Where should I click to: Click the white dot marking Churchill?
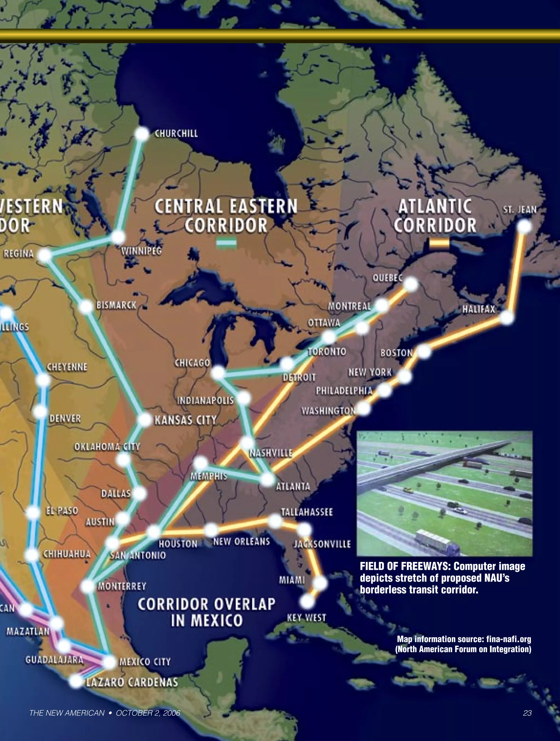(x=142, y=134)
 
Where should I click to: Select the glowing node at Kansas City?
(x=145, y=420)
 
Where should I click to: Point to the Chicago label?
(x=192, y=363)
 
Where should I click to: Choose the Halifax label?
(x=479, y=309)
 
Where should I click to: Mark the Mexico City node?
(x=110, y=662)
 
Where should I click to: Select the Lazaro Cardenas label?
(x=132, y=682)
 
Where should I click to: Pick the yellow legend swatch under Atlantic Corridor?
(x=439, y=244)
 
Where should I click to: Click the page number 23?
(x=527, y=713)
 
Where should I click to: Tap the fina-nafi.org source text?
(x=508, y=639)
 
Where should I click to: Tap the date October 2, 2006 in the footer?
(x=148, y=713)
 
